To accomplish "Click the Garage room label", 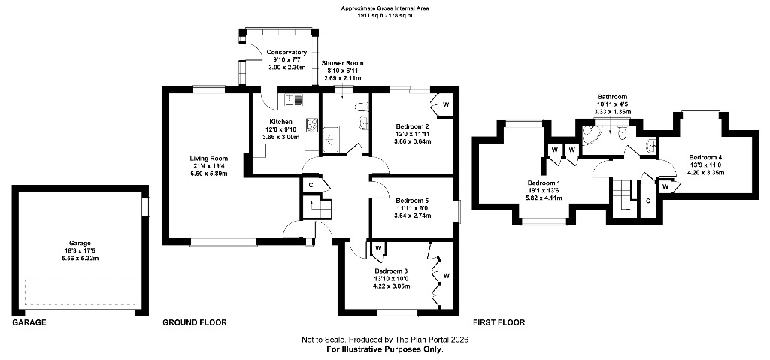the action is pos(80,243).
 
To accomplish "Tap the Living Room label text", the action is pos(209,158).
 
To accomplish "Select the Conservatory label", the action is pos(286,53).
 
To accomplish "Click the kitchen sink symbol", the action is pos(295,100).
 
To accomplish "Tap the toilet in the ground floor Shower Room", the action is pos(362,106).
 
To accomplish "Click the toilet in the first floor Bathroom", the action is pos(623,132).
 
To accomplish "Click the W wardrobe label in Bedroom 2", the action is pos(447,104).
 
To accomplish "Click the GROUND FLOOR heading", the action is pos(195,322).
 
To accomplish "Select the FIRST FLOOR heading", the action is pos(499,322).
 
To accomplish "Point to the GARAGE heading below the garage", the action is pos(29,322).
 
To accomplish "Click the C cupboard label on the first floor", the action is pos(648,201).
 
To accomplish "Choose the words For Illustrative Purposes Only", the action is pos(385,349).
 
